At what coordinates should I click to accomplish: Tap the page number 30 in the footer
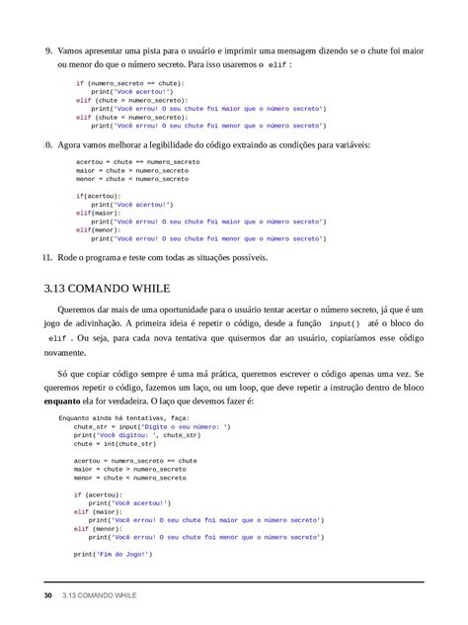point(48,596)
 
